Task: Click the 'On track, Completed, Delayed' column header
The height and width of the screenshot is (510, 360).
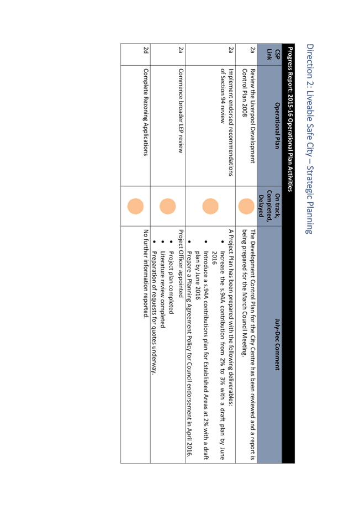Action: pos(269,206)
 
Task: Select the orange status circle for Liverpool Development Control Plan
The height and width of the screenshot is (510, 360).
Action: pos(246,206)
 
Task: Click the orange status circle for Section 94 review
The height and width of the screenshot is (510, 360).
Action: pos(210,206)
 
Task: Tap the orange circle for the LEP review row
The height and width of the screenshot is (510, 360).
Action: pos(168,206)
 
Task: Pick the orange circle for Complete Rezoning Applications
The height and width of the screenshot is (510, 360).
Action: pos(135,206)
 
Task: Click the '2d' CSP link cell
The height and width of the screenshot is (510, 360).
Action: pos(146,50)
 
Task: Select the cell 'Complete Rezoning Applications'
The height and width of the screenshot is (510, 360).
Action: pos(146,112)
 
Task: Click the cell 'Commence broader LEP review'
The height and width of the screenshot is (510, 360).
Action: pos(181,111)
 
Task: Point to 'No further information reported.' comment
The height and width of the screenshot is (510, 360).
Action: pos(146,274)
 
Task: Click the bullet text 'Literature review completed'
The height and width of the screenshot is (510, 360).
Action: pos(163,290)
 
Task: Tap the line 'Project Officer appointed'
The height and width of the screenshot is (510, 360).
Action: pos(181,264)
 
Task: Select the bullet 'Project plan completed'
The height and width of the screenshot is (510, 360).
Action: pos(172,282)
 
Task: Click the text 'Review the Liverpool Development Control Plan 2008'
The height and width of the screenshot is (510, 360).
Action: pos(248,115)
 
